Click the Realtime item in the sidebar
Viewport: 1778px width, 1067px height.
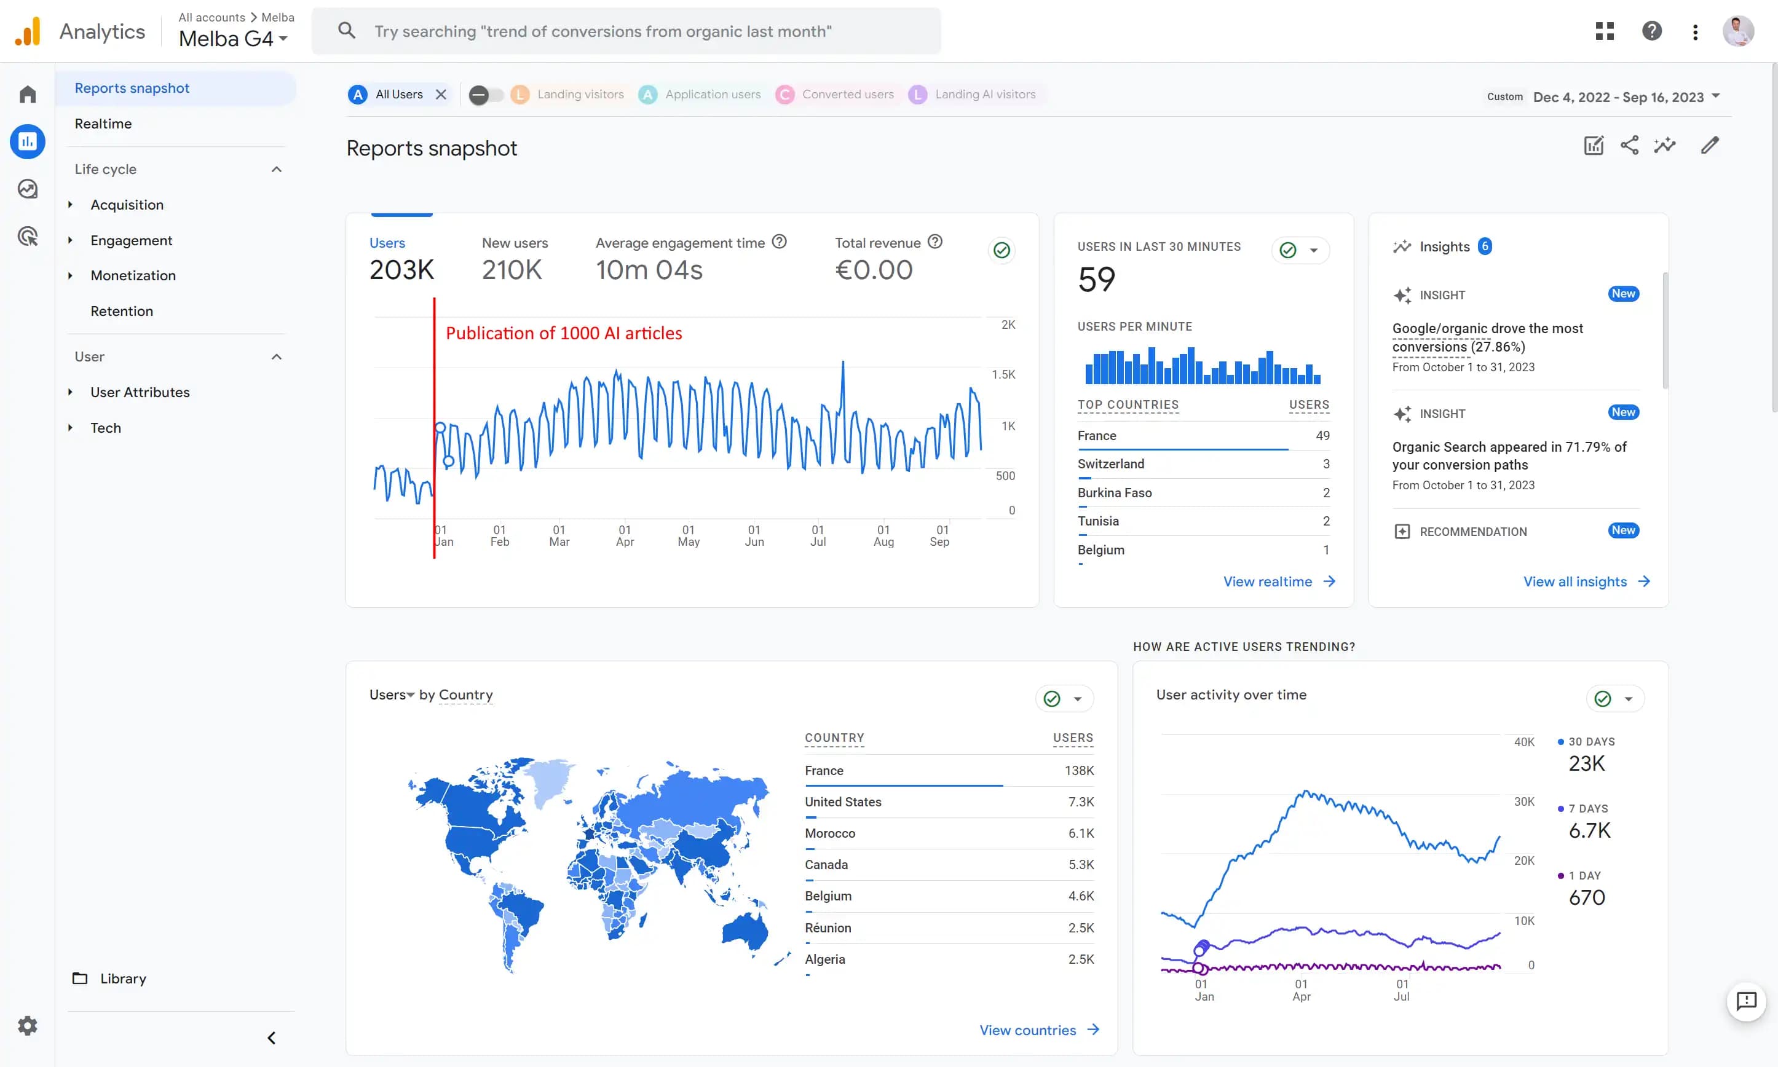103,124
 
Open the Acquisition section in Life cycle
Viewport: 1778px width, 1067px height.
127,205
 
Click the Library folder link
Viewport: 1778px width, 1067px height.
122,978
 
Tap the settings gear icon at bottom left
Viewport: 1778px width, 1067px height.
27,1025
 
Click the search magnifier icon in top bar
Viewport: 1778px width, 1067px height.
347,31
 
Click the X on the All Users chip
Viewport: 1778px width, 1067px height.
441,94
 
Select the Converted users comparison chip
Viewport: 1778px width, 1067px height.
847,94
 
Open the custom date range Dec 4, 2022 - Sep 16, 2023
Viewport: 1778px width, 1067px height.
1618,97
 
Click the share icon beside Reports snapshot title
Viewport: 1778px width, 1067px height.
1629,145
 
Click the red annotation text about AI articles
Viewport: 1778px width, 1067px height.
564,333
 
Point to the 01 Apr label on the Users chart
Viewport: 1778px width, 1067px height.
625,536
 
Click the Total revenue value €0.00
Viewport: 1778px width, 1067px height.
874,270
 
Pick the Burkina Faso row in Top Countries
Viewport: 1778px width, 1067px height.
1115,492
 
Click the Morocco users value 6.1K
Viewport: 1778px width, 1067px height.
1081,833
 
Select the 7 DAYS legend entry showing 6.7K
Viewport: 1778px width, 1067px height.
1588,822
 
